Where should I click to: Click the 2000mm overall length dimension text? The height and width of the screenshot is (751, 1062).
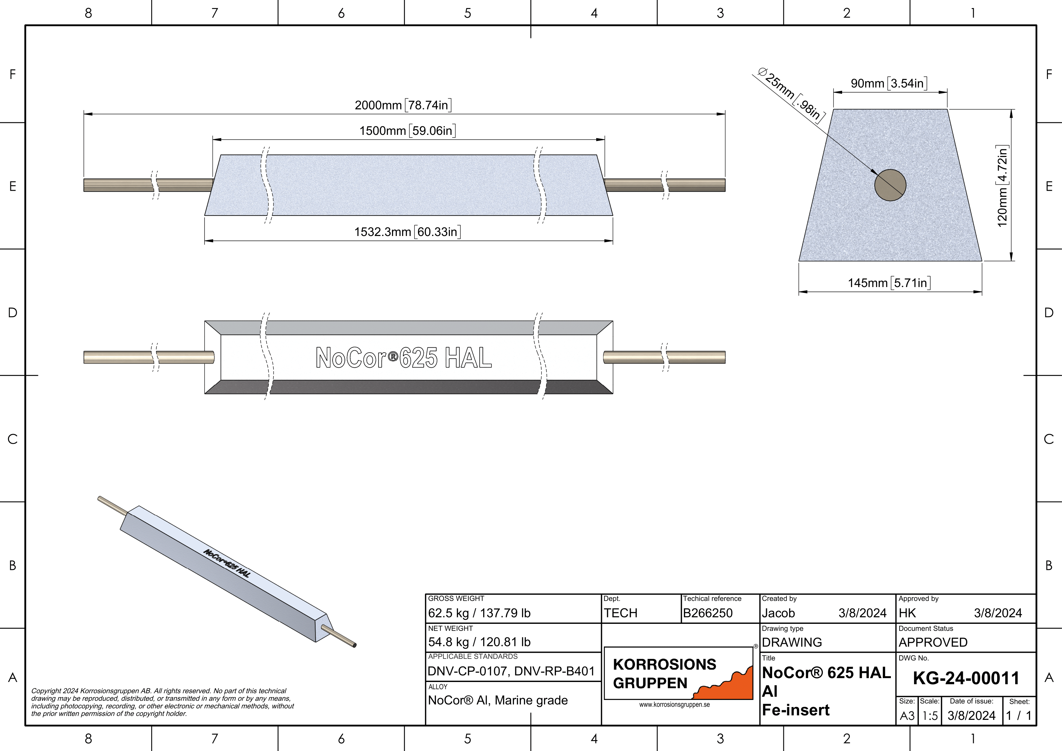click(x=403, y=105)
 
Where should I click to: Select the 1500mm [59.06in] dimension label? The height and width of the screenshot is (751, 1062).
click(x=407, y=130)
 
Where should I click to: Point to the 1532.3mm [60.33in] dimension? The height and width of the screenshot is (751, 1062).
click(x=407, y=231)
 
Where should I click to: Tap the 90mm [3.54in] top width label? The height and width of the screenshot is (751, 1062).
click(x=889, y=83)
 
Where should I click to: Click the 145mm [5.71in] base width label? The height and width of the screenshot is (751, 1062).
click(x=889, y=283)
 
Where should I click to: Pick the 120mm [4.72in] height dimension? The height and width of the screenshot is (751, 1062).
click(x=1002, y=186)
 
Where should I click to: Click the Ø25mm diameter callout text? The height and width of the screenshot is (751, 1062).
click(x=791, y=95)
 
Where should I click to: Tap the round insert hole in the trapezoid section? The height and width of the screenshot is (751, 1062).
click(x=890, y=185)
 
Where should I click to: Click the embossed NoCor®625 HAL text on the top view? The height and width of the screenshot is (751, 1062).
click(x=403, y=358)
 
